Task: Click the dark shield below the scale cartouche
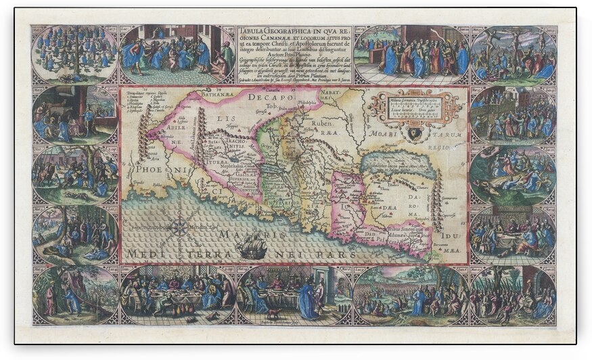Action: tap(413, 133)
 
